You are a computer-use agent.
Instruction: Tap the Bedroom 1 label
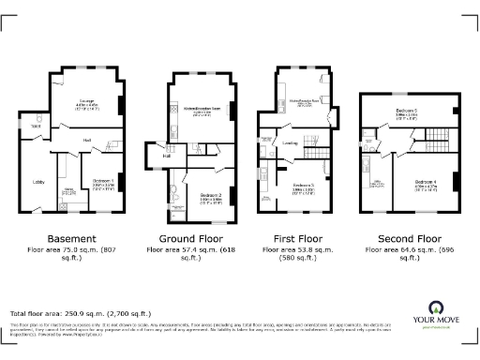click(x=103, y=179)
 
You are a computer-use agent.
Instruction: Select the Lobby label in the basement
click(x=39, y=182)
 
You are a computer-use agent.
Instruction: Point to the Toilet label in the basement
click(x=37, y=125)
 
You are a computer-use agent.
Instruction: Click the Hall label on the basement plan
click(x=85, y=140)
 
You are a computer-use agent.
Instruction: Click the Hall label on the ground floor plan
click(x=166, y=156)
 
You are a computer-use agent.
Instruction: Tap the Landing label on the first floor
click(x=290, y=143)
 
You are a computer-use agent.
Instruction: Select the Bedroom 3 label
click(x=303, y=186)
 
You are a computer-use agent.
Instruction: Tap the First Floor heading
click(x=303, y=238)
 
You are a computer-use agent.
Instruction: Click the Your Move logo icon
click(x=437, y=307)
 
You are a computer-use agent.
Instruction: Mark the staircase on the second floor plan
click(x=436, y=142)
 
